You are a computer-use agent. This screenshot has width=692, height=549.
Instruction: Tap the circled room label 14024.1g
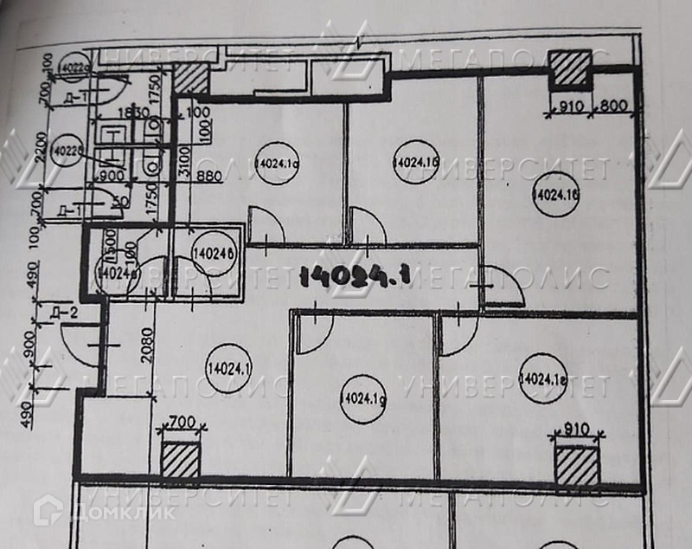pyautogui.click(x=357, y=399)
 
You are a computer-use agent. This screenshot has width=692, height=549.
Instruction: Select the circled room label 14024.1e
pyautogui.click(x=543, y=378)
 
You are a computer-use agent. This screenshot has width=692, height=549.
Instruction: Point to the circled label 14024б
pyautogui.click(x=215, y=255)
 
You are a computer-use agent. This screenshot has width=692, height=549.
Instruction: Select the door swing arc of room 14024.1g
pyautogui.click(x=314, y=333)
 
